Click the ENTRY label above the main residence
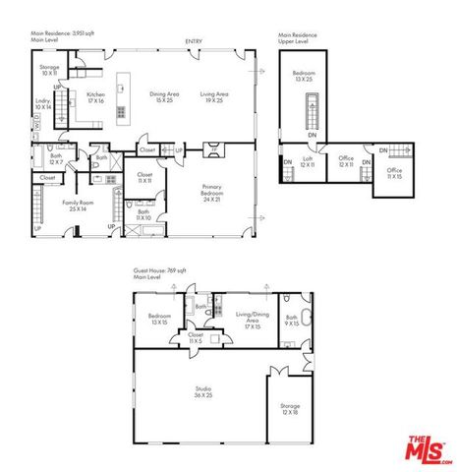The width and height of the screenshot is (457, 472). click(x=194, y=40)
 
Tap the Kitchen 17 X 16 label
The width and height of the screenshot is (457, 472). click(x=95, y=97)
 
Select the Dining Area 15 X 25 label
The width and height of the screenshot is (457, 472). click(x=164, y=97)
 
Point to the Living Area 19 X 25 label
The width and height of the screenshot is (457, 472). click(x=212, y=97)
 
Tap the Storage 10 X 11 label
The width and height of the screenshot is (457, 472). click(x=49, y=71)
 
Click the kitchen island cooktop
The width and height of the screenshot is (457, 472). click(x=122, y=112)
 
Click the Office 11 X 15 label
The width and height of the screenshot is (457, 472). click(x=393, y=173)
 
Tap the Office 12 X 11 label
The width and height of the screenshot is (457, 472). click(x=345, y=161)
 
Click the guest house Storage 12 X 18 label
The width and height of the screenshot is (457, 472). click(x=289, y=407)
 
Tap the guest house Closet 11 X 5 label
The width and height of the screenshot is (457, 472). click(x=195, y=336)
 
